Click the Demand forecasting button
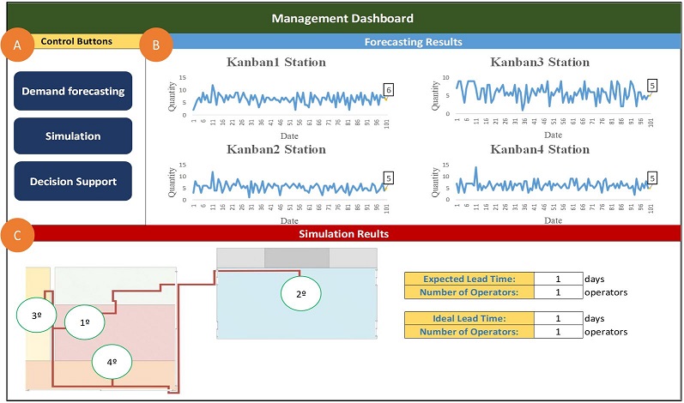(x=73, y=91)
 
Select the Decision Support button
(x=73, y=181)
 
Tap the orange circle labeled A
(x=15, y=47)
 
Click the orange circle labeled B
(x=156, y=47)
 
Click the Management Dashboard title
(x=342, y=17)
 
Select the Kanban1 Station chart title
(x=276, y=62)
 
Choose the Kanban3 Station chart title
(x=540, y=62)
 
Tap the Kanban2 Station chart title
(x=276, y=149)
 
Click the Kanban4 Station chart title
(x=540, y=149)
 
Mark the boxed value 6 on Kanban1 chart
(x=389, y=89)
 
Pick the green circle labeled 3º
(x=38, y=316)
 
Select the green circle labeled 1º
(x=85, y=322)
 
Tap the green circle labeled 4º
(x=112, y=361)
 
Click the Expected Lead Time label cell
(x=469, y=279)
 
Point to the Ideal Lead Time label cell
(x=469, y=319)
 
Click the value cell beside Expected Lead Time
(x=558, y=279)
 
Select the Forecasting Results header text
(x=413, y=41)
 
